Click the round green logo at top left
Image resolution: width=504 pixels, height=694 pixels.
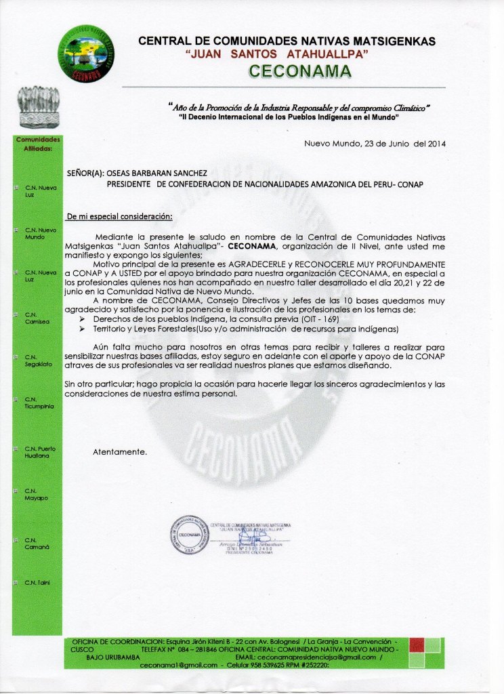click(86, 54)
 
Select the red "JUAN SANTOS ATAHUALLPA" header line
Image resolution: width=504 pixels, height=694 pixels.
click(276, 55)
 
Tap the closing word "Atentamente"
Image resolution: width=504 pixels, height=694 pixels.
click(119, 451)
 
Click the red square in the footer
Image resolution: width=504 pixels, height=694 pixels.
click(417, 645)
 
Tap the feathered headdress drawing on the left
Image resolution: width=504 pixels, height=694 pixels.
click(38, 106)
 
